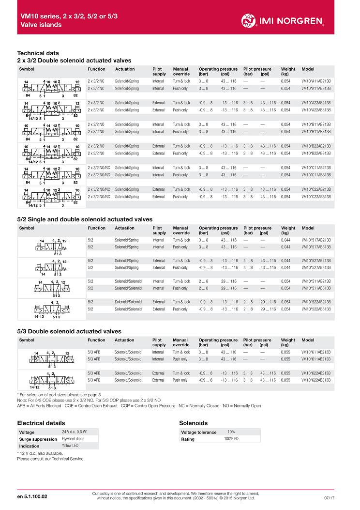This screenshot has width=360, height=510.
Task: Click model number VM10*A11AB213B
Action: coord(316,81)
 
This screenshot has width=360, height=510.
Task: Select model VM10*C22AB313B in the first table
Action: coord(316,197)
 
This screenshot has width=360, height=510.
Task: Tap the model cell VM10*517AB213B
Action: coord(316,240)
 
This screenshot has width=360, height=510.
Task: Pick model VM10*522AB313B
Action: coord(316,309)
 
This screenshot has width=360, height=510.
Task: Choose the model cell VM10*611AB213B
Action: coord(316,352)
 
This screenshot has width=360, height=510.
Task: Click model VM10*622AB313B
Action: coord(316,380)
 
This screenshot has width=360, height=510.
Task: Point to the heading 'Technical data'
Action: coord(38,53)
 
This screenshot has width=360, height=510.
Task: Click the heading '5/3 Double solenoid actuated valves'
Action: coord(69,331)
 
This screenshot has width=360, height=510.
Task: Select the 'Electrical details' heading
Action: coord(41,423)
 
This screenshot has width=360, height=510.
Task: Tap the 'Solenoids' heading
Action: coord(193,423)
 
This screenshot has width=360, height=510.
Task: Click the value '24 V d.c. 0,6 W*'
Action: coord(74,432)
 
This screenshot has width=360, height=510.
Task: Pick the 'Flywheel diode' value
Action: coord(73,439)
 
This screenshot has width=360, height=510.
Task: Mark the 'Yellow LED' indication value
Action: coord(70,446)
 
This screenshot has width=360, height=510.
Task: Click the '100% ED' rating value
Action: coord(231,439)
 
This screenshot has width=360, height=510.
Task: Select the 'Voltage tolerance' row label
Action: coord(199,432)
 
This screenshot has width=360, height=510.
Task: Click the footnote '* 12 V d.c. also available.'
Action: coord(44,453)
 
